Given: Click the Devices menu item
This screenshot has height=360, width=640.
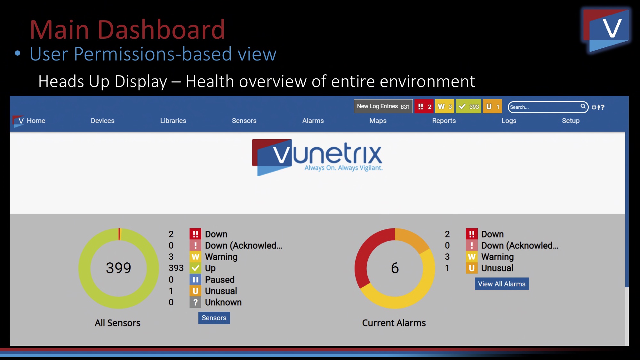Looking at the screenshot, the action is pos(102,121).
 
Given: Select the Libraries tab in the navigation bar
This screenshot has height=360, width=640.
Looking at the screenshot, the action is pos(173,121).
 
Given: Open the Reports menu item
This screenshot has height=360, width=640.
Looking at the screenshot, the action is pos(444,121).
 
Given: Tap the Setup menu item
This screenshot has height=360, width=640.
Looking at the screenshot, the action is pos(571,121).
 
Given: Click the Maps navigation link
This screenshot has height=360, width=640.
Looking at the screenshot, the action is pos(378,121).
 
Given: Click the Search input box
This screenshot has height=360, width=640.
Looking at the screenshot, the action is pos(548,107).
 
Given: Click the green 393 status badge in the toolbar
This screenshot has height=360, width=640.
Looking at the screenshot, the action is pos(468,107).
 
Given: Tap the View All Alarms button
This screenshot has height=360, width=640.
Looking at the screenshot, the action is pos(502,284).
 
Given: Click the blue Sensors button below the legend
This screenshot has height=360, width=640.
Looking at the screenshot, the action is pos(214,318).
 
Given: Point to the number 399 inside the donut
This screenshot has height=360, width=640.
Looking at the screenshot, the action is pos(118,268).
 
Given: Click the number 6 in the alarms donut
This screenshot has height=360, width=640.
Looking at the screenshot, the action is pos(395,268).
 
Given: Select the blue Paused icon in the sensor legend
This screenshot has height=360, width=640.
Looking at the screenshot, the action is pos(195,279).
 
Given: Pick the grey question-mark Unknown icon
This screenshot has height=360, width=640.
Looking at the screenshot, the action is pos(195,302).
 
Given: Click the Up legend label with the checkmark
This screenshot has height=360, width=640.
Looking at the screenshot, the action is pos(210,268).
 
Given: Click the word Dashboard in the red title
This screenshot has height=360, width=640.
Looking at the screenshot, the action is pos(161,29).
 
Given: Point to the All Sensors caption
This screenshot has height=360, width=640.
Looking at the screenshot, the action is pos(117,323).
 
